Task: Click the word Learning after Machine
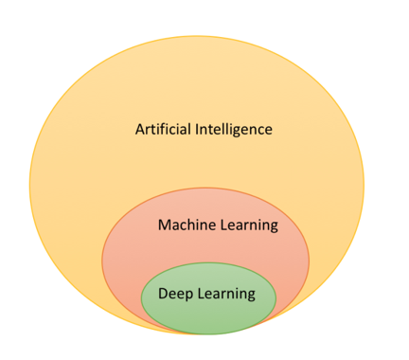pyautogui.click(x=248, y=225)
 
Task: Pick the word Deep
pyautogui.click(x=173, y=294)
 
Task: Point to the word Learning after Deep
pyautogui.click(x=224, y=294)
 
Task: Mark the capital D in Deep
pyautogui.click(x=162, y=294)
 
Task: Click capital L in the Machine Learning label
pyautogui.click(x=223, y=225)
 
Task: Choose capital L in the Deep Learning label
pyautogui.click(x=198, y=294)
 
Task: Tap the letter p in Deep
pyautogui.click(x=186, y=296)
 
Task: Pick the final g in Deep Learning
pyautogui.click(x=251, y=296)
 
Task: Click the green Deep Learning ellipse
pyautogui.click(x=208, y=317)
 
